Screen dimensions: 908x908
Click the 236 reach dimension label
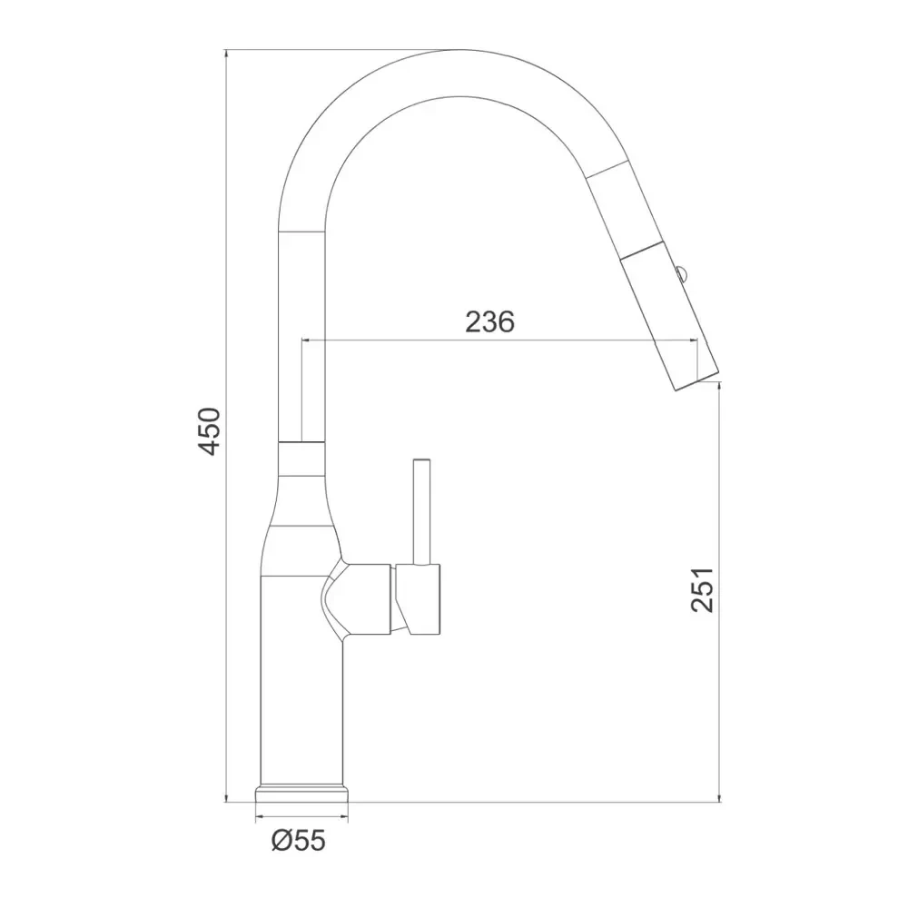[490, 321]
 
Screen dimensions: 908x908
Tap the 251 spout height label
[703, 589]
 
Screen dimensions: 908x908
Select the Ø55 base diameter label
[299, 840]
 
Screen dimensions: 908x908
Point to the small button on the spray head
[681, 273]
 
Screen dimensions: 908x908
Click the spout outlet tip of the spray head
[697, 380]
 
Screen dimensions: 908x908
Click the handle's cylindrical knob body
[418, 598]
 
